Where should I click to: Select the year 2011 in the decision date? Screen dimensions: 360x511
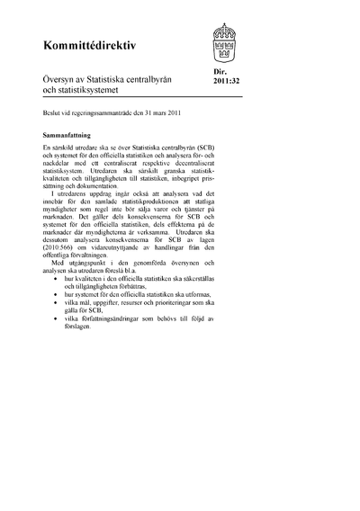click(x=178, y=115)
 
